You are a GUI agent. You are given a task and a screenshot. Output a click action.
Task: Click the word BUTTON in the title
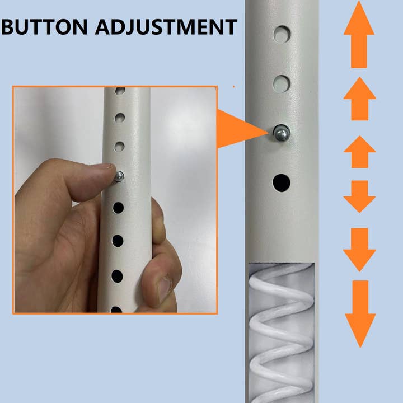pos(44,27)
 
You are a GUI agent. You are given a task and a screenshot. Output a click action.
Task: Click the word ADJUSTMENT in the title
pos(166,27)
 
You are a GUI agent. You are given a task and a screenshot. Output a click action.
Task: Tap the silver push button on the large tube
pos(281,133)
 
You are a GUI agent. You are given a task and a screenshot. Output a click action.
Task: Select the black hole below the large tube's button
pos(282,182)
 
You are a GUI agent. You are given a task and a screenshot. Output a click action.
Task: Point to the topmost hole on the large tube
pos(282,35)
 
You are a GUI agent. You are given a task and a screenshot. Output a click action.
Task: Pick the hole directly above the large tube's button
pos(282,84)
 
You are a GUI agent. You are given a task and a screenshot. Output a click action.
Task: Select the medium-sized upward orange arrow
pos(359,99)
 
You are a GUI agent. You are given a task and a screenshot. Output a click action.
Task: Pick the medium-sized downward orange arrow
pos(359,249)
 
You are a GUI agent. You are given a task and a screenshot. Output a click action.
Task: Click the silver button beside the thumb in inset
pos(119,176)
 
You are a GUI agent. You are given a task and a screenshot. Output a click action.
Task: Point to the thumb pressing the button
pos(84,179)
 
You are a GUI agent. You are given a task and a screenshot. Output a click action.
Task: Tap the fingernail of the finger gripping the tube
pos(164,289)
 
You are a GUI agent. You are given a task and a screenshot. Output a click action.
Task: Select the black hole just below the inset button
pos(118,208)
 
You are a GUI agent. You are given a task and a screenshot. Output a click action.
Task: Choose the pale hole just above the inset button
pos(119,147)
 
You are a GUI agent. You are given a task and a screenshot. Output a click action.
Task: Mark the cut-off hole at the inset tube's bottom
pos(116,310)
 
